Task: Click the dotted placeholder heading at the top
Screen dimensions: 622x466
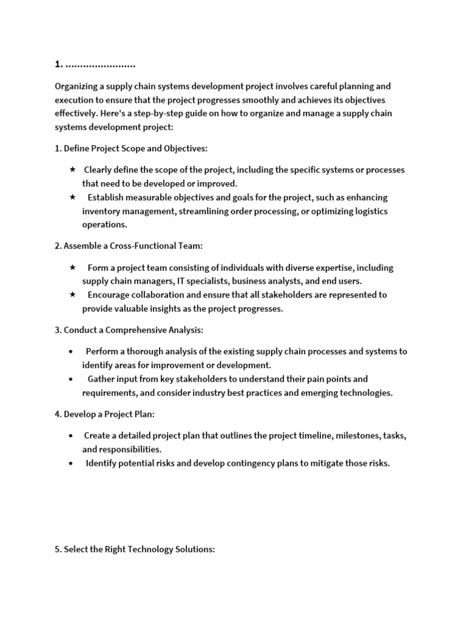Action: coord(95,64)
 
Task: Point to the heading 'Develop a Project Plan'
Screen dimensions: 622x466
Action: coord(109,414)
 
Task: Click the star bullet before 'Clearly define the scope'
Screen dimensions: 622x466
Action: coord(73,169)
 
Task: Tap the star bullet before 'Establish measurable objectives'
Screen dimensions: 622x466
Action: coord(73,197)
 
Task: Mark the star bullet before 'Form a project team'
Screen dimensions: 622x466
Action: coord(73,267)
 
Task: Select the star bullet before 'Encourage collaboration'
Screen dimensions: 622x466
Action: coord(73,295)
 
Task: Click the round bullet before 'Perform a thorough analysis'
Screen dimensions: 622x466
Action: coord(72,352)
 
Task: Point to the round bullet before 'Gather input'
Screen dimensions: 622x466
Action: coord(72,379)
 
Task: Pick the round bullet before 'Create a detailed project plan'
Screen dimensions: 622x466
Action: coord(72,436)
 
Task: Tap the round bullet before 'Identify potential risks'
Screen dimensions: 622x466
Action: coord(72,463)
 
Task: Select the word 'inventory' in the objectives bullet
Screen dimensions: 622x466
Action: coord(101,211)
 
